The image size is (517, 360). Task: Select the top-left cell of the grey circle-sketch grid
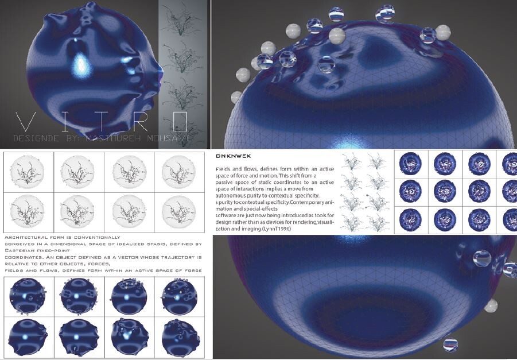[x=28, y=171]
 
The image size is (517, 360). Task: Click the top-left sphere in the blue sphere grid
[x=28, y=296]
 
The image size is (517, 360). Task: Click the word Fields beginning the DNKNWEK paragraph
[x=224, y=168]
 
